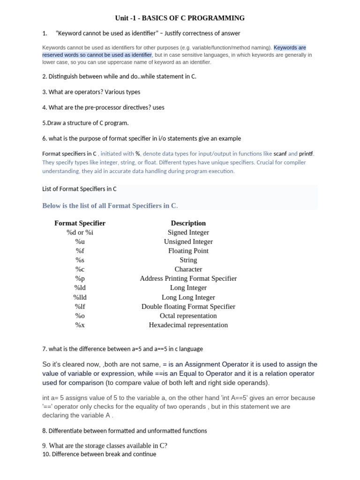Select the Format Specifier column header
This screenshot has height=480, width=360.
pyautogui.click(x=80, y=223)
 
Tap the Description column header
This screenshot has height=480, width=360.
pyautogui.click(x=188, y=223)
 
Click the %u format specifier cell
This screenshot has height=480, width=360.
pyautogui.click(x=80, y=241)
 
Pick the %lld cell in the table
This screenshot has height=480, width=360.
pyautogui.click(x=80, y=297)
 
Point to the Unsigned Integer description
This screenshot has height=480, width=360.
pyautogui.click(x=188, y=241)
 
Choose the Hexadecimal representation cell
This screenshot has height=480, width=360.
pyautogui.click(x=188, y=325)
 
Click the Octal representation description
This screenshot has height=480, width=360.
pyautogui.click(x=188, y=315)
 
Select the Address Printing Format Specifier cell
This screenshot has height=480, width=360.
pyautogui.click(x=188, y=278)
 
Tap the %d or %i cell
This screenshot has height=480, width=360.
pyautogui.click(x=80, y=232)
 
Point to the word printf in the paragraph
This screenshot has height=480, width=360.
pyautogui.click(x=307, y=153)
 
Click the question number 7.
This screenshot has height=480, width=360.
pyautogui.click(x=44, y=349)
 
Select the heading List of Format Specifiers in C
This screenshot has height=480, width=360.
pyautogui.click(x=79, y=189)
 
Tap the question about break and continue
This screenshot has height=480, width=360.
pyautogui.click(x=99, y=454)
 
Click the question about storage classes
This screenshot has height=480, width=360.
pyautogui.click(x=105, y=445)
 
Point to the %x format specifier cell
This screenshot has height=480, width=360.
pyautogui.click(x=80, y=325)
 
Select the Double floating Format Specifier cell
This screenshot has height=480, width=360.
pyautogui.click(x=188, y=307)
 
